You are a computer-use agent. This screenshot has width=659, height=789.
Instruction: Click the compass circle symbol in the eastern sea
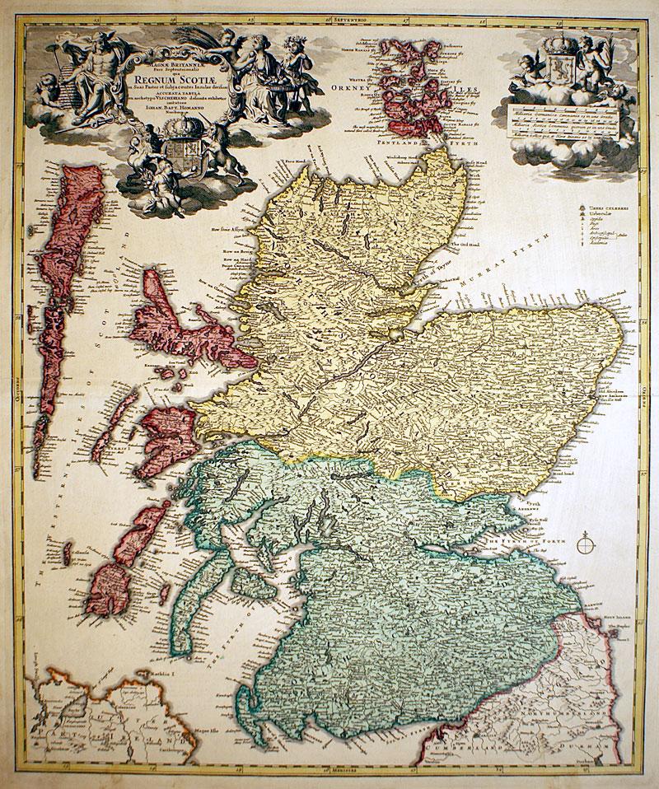587,543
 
